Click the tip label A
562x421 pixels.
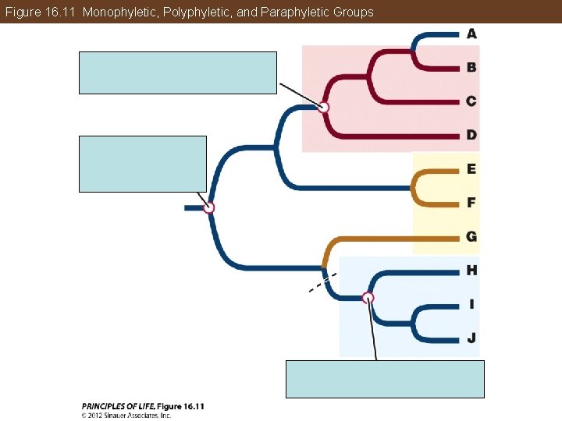tap(471, 34)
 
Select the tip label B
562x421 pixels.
tap(471, 67)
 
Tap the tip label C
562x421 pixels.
tap(471, 101)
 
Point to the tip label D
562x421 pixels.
tap(471, 135)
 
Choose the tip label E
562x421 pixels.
tap(471, 168)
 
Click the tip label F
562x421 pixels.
tap(471, 203)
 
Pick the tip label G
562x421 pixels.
tap(471, 236)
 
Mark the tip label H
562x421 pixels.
tap(471, 271)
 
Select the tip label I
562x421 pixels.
tap(471, 304)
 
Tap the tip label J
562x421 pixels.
tap(471, 338)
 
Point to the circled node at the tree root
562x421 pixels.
tap(208, 207)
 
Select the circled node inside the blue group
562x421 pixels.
tap(368, 297)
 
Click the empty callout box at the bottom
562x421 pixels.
tap(385, 379)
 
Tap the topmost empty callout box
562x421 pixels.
tap(178, 73)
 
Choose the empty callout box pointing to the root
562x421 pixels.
tap(143, 164)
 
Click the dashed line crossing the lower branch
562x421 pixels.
tap(322, 282)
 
